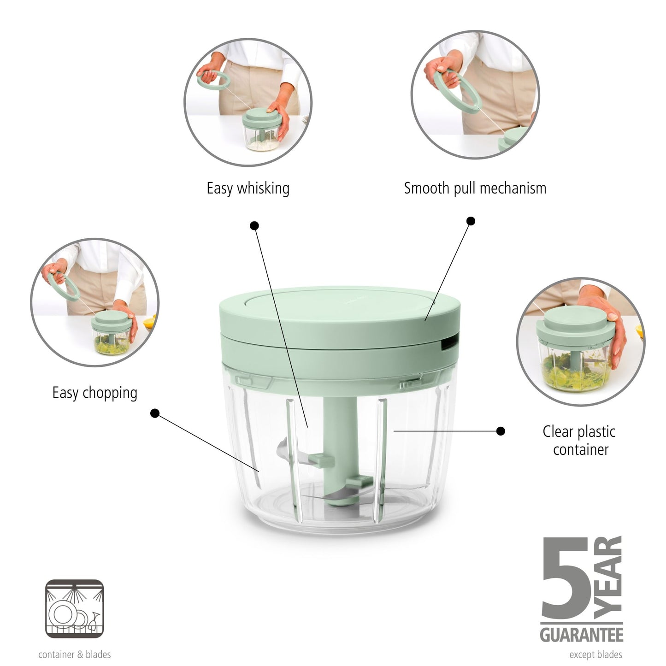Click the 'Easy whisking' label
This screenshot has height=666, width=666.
coord(248,189)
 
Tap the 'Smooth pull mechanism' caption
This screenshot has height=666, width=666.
coord(475,189)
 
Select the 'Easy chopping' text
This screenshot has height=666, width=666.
coord(94,393)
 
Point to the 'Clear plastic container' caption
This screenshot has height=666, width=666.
coord(579,440)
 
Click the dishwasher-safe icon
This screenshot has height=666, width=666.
coord(74,609)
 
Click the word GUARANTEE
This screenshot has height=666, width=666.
coord(581,635)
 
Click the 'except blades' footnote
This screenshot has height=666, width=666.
coord(595,654)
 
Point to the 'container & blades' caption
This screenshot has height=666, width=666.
coord(74,654)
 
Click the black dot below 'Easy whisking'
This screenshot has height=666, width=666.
coord(254,225)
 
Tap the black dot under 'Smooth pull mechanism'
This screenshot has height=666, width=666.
coord(471,221)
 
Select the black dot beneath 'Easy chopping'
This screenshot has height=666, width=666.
coord(155,413)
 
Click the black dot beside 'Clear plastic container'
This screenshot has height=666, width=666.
coord(501,431)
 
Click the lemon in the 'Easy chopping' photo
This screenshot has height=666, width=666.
coord(150,322)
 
